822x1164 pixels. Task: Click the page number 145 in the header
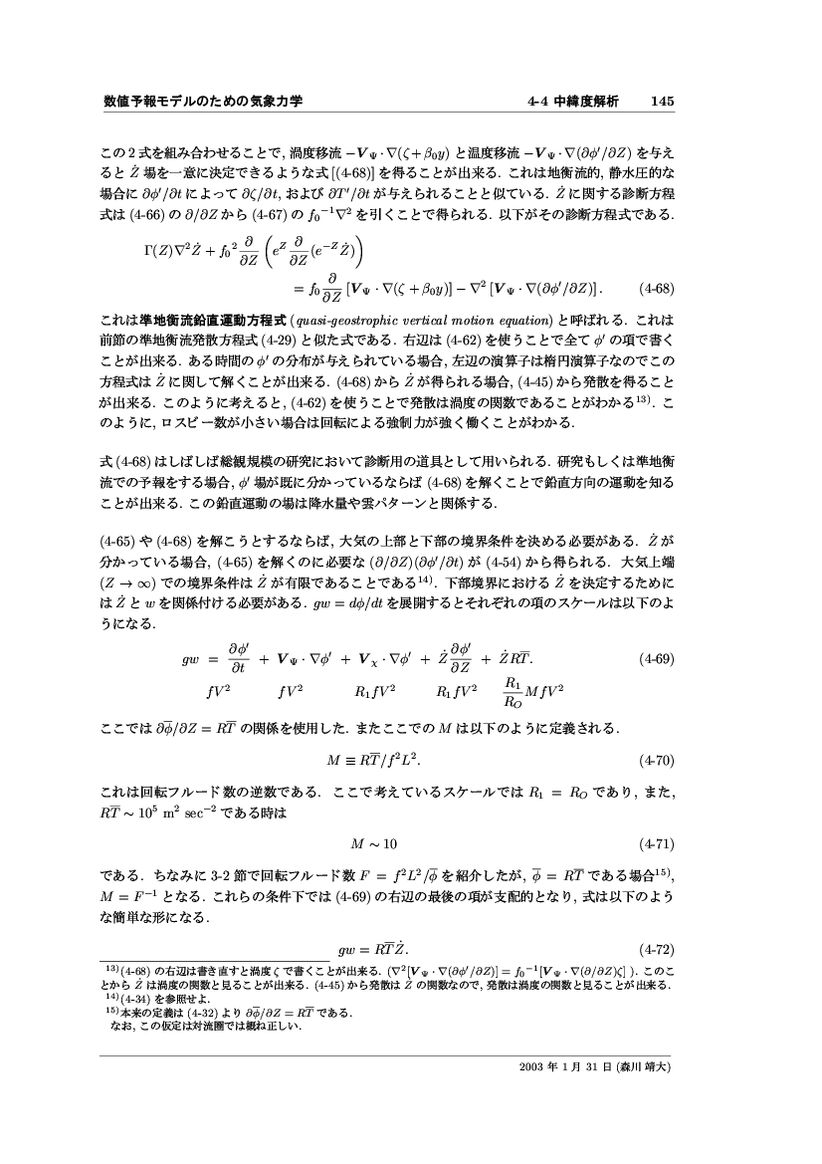664,101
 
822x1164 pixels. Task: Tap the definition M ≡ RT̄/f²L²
374,762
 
